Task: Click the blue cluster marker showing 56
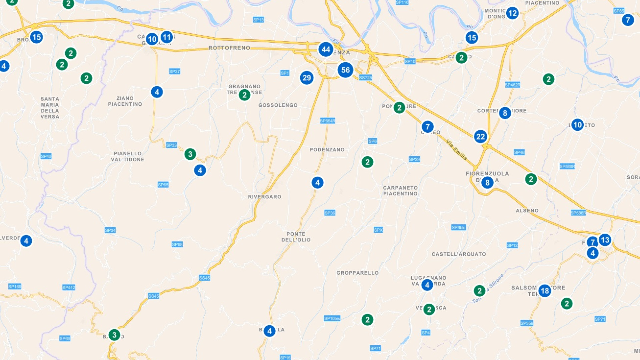point(345,70)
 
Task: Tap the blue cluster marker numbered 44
point(326,50)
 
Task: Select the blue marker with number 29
point(307,78)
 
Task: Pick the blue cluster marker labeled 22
point(480,137)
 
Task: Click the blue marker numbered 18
point(545,291)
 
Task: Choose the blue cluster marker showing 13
point(605,240)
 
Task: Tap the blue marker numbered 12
point(512,13)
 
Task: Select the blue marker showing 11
point(167,37)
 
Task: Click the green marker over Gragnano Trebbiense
point(244,95)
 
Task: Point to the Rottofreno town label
point(229,48)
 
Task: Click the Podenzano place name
point(327,150)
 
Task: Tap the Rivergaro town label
point(264,197)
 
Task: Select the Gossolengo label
point(278,105)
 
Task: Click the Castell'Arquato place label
point(459,254)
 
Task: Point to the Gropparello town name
point(357,273)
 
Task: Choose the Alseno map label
point(527,211)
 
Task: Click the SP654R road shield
point(327,121)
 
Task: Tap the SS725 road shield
point(365,78)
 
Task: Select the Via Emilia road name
point(456,150)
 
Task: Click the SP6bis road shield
point(458,228)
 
